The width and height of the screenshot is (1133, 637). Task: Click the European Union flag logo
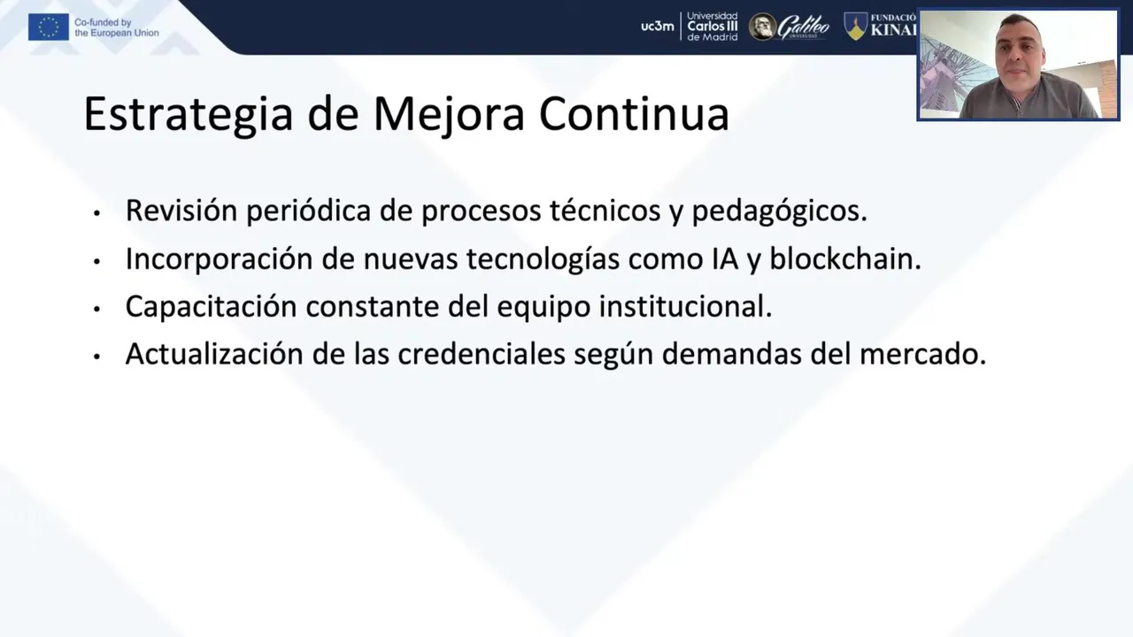click(49, 27)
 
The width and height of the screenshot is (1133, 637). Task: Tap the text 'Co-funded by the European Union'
click(116, 27)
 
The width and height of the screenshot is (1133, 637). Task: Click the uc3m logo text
click(658, 27)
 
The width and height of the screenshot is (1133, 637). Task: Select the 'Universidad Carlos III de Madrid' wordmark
click(713, 27)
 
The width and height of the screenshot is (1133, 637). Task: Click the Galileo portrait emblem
click(762, 27)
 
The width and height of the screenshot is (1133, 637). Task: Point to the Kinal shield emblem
click(855, 27)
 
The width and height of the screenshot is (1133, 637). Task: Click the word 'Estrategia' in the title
click(189, 115)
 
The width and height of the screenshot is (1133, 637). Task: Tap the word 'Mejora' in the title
click(449, 115)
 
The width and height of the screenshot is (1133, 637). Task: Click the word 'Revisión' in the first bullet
click(181, 210)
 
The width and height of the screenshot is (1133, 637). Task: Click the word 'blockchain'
click(845, 258)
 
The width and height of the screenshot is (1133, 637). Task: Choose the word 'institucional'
click(685, 306)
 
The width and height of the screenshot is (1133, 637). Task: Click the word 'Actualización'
click(214, 353)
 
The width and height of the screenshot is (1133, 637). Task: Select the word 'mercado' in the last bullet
click(923, 353)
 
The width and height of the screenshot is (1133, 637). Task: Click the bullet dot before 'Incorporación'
click(97, 261)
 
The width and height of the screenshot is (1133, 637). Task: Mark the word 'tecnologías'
click(543, 260)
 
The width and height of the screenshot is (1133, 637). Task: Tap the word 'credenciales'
click(482, 353)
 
